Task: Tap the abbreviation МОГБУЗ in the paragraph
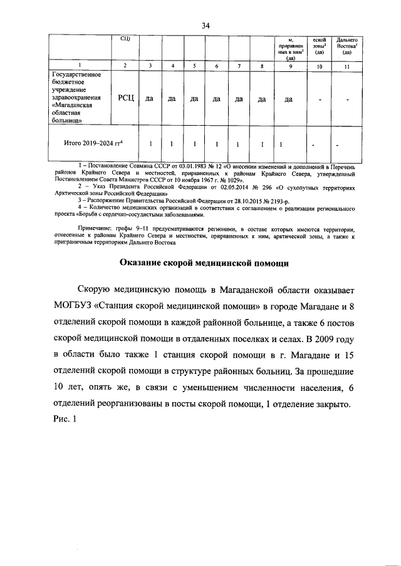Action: (x=75, y=305)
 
